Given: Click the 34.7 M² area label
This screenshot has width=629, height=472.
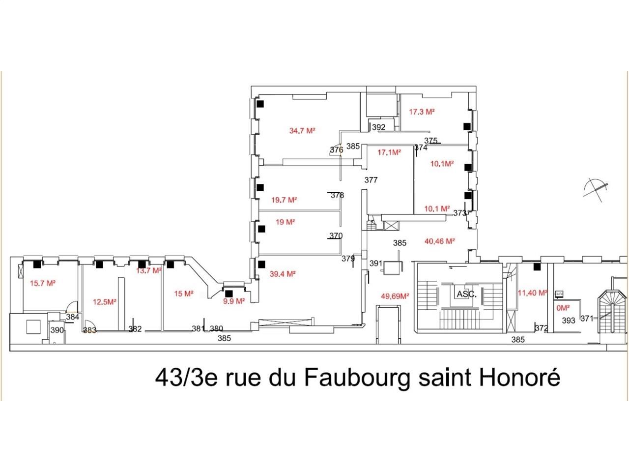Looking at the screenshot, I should (302, 131).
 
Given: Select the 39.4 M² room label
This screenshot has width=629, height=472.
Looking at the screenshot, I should (282, 274).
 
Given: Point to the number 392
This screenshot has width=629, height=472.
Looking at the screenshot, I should (379, 127).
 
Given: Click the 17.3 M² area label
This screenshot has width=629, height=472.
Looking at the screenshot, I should (422, 112).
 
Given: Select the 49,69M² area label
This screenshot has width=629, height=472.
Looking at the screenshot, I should (395, 296).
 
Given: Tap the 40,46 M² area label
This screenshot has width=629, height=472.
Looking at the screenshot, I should (439, 241).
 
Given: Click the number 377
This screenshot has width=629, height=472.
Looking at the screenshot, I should (371, 180).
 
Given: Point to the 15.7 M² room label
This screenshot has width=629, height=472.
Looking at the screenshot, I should (42, 283).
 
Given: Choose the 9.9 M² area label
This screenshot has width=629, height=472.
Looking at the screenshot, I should (233, 301).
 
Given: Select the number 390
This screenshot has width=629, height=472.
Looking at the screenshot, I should (57, 330).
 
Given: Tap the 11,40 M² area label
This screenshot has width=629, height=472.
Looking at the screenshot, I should (532, 293).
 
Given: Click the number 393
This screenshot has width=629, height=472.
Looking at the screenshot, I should (568, 321).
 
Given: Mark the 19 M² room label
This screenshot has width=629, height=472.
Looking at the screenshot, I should (285, 222).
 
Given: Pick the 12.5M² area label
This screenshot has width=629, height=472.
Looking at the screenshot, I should (104, 302).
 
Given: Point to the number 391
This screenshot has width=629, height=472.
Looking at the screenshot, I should (376, 264).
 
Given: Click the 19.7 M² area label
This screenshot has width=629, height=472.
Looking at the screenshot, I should (284, 200).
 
